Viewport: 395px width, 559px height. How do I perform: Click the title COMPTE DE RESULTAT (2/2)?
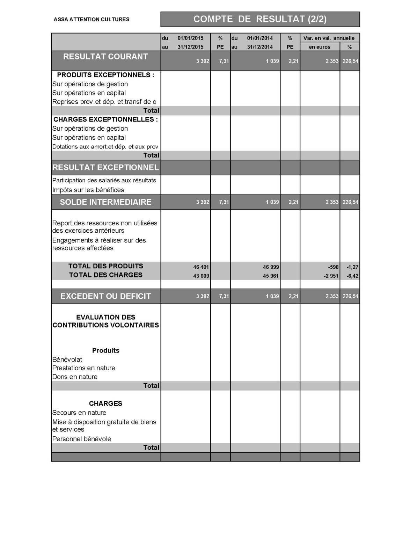[x=260, y=19]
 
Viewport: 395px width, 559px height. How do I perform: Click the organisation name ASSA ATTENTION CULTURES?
[x=92, y=20]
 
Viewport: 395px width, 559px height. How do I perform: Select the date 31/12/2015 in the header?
[x=190, y=47]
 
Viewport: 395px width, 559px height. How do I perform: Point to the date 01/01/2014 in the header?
[x=260, y=38]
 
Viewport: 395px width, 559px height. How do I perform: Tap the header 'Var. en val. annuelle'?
[x=329, y=38]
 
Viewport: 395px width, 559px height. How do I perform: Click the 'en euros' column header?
[x=320, y=47]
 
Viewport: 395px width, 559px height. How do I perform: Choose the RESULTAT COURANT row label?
[x=105, y=57]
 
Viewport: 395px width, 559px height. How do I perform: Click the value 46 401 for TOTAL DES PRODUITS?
[x=201, y=267]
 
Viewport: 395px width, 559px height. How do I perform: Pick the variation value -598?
[x=333, y=267]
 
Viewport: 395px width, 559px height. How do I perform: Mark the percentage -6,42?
[x=352, y=276]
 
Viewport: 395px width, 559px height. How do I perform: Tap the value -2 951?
[x=331, y=276]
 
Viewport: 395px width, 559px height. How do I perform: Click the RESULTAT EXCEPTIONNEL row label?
[x=105, y=167]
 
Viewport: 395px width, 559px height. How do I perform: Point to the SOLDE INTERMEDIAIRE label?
[x=105, y=202]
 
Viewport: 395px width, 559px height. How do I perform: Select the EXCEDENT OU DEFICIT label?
[x=105, y=296]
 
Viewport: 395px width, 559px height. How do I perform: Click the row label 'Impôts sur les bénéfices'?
[x=88, y=190]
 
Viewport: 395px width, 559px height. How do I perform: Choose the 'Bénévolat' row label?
[x=67, y=360]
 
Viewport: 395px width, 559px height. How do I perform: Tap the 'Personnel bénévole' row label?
[x=81, y=439]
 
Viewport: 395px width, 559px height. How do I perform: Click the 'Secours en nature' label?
[x=79, y=413]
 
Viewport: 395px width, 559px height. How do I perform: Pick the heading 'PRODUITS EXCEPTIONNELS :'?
[x=105, y=75]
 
